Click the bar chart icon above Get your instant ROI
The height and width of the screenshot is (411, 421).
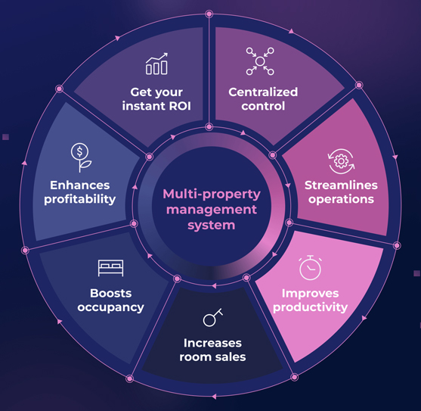point(156,64)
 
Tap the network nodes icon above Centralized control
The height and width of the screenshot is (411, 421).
point(260,61)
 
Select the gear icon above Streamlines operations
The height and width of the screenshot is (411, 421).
point(341,161)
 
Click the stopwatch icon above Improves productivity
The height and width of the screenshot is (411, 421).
point(310,267)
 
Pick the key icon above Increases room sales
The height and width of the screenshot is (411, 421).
point(212,317)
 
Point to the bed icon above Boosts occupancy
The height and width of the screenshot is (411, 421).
point(110,268)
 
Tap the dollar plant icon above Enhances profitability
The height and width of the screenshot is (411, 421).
point(81,157)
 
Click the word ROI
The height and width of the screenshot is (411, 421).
point(180,106)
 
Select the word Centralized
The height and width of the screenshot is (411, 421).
point(263,92)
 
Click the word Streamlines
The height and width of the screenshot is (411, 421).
point(341,185)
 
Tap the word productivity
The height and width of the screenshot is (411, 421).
point(310,307)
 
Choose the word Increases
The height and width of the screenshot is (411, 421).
point(212,343)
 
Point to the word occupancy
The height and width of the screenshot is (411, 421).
point(110,307)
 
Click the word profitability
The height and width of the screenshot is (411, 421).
point(80,199)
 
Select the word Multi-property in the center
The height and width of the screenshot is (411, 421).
point(212,194)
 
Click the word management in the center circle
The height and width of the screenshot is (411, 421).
point(212,210)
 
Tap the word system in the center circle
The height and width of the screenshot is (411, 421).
point(212,226)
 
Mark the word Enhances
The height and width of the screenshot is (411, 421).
point(80,185)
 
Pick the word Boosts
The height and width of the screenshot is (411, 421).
point(110,293)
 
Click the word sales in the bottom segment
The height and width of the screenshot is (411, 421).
point(231,357)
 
